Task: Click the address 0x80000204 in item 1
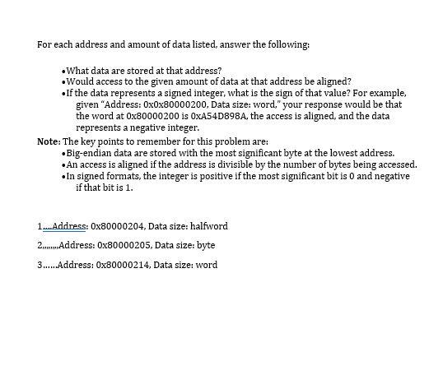(x=119, y=226)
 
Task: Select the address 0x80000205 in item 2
(x=124, y=245)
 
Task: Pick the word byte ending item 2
(x=206, y=245)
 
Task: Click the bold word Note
(x=48, y=141)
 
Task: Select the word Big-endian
(x=89, y=153)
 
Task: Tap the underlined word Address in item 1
(x=69, y=226)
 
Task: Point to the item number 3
(x=40, y=265)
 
